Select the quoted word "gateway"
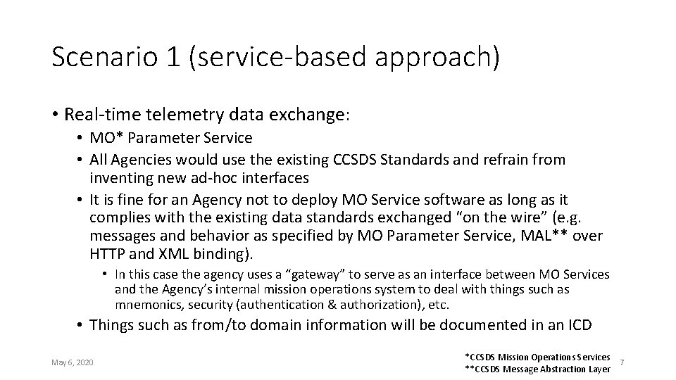(x=313, y=274)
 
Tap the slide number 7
(x=623, y=362)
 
